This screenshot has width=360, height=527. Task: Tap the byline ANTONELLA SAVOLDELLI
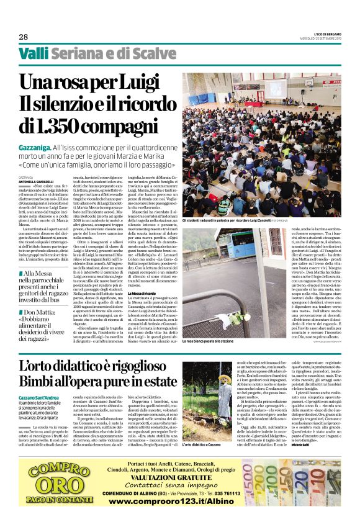(x=37, y=182)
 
